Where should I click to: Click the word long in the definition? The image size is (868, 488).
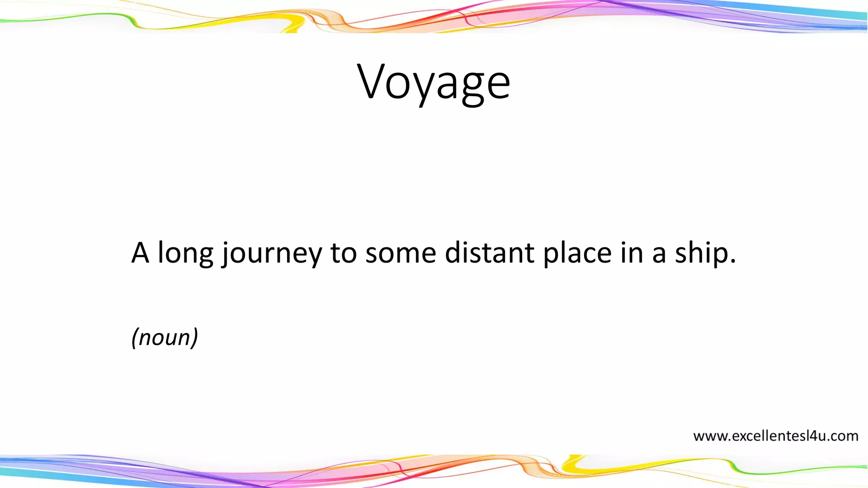click(x=185, y=253)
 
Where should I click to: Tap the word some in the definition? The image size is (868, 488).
click(x=401, y=253)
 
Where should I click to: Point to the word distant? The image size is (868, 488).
click(x=490, y=253)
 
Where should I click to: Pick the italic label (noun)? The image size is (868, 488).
click(x=164, y=338)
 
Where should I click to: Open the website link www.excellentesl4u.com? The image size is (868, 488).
click(x=776, y=436)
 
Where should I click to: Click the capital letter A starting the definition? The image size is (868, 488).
click(x=140, y=253)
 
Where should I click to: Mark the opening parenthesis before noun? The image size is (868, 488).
click(x=134, y=338)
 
